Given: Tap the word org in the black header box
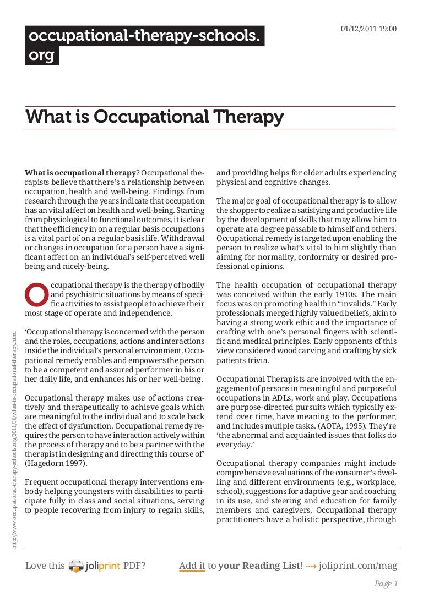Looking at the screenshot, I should point(42,56).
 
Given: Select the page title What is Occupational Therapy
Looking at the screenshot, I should point(155,117).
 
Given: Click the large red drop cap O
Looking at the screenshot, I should point(36,295).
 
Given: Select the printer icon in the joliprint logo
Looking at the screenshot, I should point(76,566).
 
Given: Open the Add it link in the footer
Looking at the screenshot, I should point(192,566).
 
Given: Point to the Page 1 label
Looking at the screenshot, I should point(385,584).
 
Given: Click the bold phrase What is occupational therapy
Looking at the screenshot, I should point(80,173).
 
